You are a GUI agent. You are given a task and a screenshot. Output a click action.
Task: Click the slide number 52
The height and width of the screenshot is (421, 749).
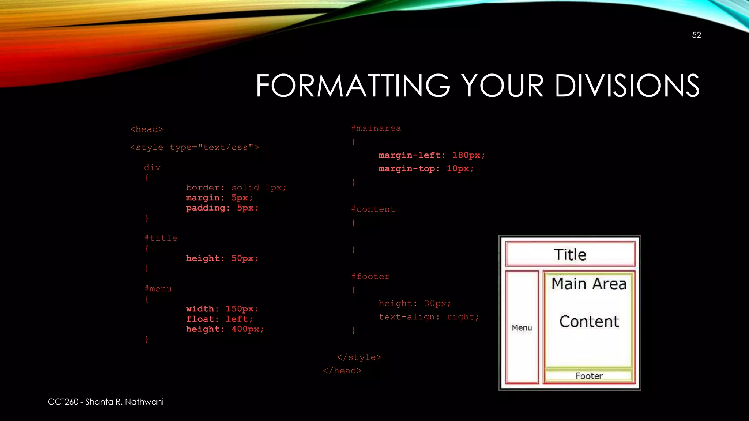coord(696,35)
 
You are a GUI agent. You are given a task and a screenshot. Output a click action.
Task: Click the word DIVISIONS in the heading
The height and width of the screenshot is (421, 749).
coord(627,86)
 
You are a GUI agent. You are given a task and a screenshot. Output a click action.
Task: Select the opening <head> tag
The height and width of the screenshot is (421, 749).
coord(147,129)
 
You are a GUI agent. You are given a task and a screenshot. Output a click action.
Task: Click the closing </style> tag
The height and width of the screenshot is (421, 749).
coord(359,357)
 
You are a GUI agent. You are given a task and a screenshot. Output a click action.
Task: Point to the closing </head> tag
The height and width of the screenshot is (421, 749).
coord(342,371)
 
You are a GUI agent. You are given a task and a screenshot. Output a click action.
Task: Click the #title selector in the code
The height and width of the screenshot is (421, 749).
coord(161,238)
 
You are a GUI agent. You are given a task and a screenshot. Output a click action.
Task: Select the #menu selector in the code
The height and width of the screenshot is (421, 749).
coord(158,289)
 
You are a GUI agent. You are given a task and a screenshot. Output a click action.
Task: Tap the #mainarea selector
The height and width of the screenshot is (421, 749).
coord(376,128)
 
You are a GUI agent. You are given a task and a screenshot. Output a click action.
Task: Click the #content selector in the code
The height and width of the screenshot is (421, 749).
coord(373,209)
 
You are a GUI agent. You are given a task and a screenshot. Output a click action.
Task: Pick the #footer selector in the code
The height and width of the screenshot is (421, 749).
coord(370,277)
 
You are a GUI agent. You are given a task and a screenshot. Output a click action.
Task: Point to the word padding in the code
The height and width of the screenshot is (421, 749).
coord(206,208)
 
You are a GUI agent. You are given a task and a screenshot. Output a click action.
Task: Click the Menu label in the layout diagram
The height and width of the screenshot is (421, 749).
coord(522,328)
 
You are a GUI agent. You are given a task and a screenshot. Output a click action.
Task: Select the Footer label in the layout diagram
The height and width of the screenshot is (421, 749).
coord(589,376)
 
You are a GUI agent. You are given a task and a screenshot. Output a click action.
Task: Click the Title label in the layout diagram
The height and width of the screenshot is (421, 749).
coord(570,254)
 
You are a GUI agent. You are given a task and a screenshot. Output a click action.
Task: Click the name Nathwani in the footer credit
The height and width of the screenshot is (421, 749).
coord(144,402)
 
